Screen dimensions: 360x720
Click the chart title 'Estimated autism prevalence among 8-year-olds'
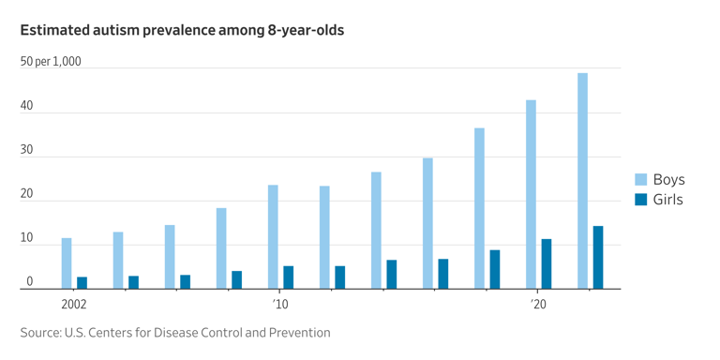tap(182, 30)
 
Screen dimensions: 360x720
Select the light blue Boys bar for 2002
tap(67, 263)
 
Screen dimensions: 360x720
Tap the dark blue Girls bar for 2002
tap(82, 282)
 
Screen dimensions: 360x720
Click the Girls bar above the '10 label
tap(289, 277)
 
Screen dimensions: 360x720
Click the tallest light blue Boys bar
tap(582, 180)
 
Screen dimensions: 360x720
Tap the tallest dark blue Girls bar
tap(598, 257)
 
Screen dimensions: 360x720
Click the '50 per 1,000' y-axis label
tap(51, 62)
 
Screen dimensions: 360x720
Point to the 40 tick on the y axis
tap(27, 106)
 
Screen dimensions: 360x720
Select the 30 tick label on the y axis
tap(27, 150)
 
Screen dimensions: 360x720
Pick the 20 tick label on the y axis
tap(27, 194)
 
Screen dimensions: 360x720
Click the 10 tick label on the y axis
tap(27, 238)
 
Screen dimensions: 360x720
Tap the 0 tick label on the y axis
tap(30, 281)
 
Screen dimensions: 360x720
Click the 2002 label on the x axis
tap(74, 305)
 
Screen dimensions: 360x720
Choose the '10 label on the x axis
tap(280, 305)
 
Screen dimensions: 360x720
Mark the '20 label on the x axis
tap(538, 305)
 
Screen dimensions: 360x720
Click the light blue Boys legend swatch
tap(641, 179)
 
